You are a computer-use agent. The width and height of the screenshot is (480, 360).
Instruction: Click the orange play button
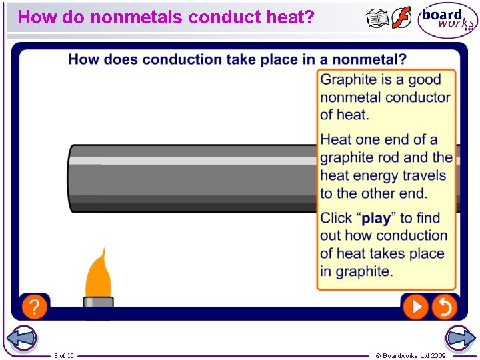click(x=415, y=307)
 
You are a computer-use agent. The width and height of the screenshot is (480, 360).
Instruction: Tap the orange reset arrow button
click(x=444, y=307)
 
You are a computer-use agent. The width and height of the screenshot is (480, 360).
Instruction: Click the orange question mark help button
click(x=34, y=307)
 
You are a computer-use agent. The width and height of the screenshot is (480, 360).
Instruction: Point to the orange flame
click(x=97, y=273)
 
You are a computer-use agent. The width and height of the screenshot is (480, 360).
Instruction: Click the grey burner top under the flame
click(x=98, y=302)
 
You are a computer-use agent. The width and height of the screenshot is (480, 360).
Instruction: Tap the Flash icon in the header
click(x=401, y=18)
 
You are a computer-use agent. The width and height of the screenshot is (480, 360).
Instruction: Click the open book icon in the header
click(x=377, y=19)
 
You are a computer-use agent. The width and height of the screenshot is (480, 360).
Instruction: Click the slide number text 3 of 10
click(x=64, y=356)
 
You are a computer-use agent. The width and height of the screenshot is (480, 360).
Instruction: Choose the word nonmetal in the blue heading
click(x=369, y=60)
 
